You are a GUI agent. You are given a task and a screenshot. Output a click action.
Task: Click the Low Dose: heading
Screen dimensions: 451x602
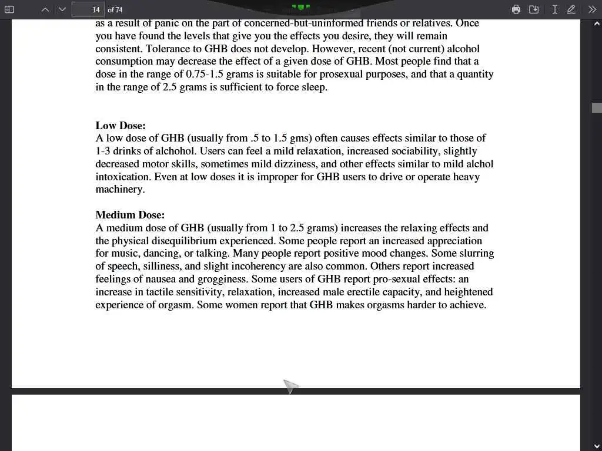121,126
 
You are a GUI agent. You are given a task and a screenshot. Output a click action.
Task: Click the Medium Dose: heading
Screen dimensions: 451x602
130,215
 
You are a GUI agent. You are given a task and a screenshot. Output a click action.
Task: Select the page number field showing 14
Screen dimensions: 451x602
88,9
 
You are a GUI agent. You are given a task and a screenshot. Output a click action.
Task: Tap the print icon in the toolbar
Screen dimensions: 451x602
516,9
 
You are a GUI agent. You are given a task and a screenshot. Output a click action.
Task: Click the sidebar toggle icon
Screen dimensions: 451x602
9,9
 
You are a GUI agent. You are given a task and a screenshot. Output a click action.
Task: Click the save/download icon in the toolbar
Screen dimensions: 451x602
534,9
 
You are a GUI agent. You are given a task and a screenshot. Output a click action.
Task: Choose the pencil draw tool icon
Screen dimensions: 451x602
571,9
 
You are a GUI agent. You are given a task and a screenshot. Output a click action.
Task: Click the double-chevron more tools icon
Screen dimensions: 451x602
592,9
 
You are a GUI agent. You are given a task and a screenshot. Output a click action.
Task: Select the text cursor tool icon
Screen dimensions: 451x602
554,9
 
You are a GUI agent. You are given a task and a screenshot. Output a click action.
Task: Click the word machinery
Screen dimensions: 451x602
119,190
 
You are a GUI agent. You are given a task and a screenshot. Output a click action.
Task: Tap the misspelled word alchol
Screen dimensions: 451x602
478,164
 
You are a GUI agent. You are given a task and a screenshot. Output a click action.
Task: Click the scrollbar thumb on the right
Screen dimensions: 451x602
597,107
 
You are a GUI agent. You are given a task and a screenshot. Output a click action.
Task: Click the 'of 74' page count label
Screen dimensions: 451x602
115,10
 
